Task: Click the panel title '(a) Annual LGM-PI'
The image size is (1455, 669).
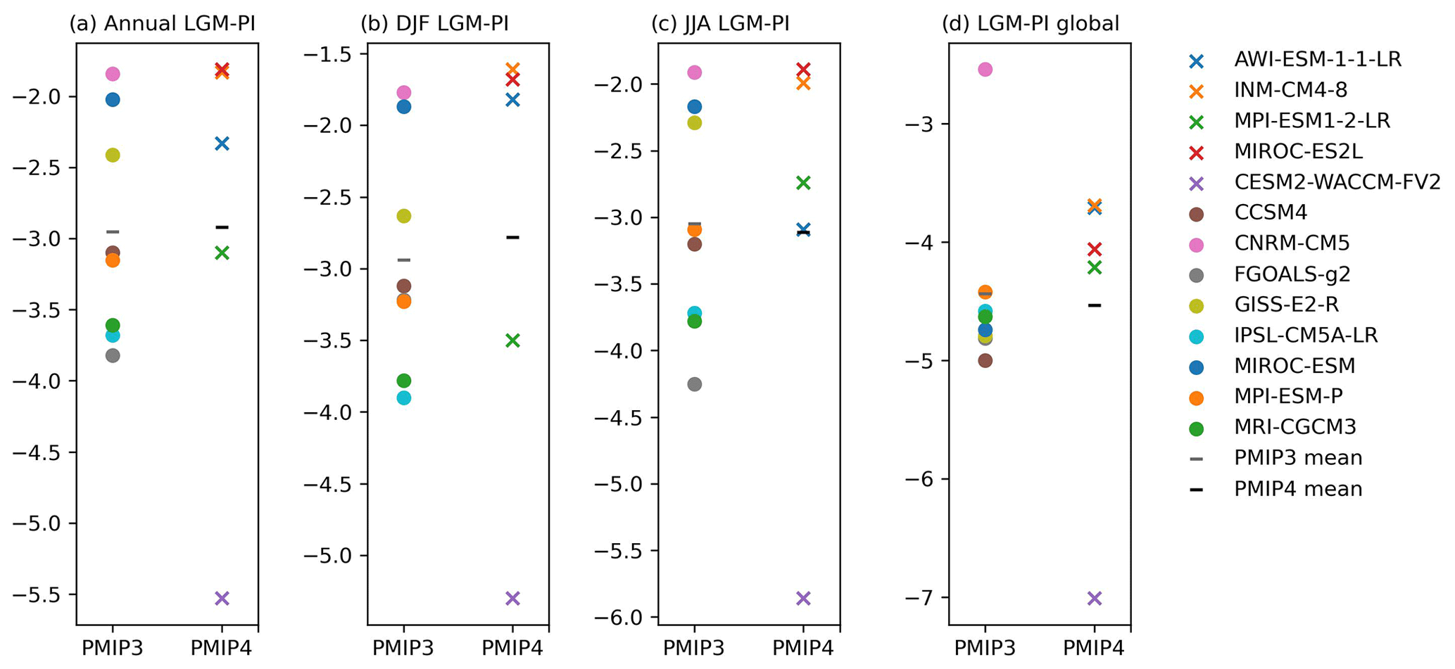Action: point(162,24)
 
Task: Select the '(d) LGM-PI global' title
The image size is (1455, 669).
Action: point(1031,24)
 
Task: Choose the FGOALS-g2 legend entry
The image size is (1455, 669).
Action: point(1292,274)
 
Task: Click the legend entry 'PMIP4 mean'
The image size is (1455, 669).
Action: point(1298,489)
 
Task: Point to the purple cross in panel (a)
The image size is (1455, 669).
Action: point(222,599)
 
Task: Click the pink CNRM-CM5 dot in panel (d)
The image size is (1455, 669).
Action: point(985,69)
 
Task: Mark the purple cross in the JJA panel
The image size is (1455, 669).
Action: point(803,599)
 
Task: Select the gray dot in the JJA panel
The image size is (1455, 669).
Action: point(694,384)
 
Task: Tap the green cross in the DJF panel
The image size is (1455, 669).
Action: point(512,340)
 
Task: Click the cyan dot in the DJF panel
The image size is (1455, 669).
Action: point(403,398)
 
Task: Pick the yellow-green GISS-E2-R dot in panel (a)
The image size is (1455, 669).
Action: point(113,155)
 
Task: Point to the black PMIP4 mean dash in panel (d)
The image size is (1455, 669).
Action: point(1094,305)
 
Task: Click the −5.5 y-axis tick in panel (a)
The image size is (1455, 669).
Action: point(44,595)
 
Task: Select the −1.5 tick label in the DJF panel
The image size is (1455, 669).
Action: point(335,54)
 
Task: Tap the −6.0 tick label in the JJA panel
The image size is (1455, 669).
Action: point(626,618)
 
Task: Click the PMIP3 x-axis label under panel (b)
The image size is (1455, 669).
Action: point(403,648)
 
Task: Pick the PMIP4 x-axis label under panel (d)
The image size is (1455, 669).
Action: point(1094,648)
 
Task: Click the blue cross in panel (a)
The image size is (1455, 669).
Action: point(222,144)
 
